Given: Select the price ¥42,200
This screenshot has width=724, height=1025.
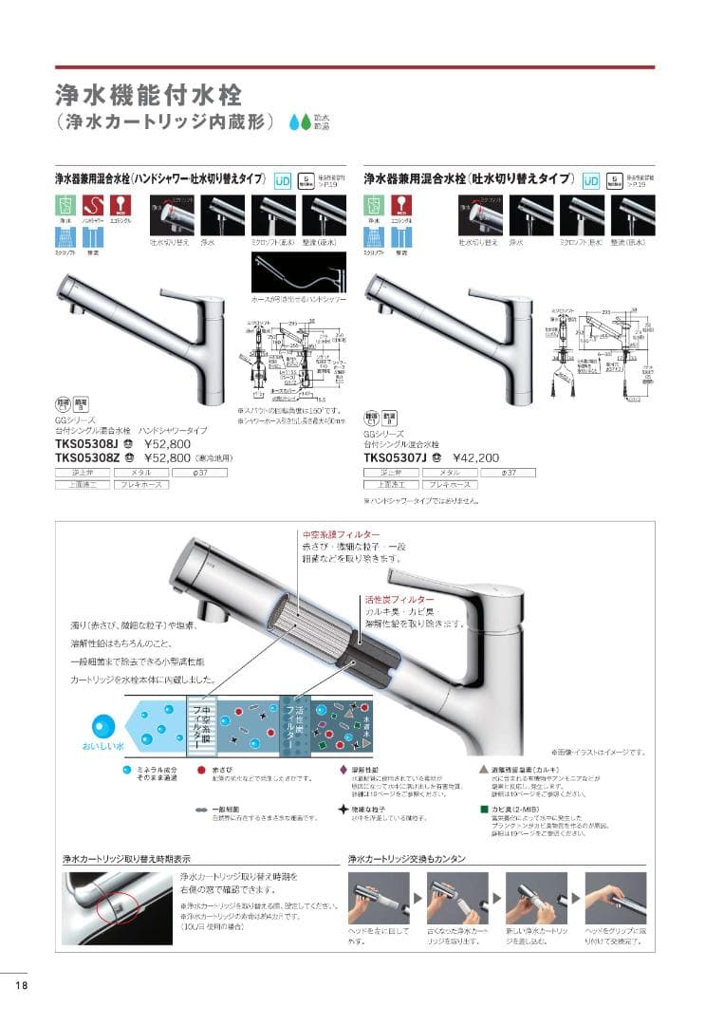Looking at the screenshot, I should click(451, 457).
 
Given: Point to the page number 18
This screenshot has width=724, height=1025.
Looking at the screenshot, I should click(21, 984).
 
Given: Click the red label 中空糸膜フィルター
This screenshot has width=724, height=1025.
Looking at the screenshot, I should click(340, 535).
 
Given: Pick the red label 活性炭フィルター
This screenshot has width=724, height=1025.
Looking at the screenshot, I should click(399, 600).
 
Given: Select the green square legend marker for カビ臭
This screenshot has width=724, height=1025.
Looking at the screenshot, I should click(483, 809).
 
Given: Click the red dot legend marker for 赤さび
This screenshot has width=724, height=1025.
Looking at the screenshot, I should click(201, 771).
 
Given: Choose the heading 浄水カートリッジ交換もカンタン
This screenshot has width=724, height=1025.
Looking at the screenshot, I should click(406, 858).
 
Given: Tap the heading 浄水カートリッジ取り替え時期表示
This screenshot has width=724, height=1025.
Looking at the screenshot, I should click(125, 858).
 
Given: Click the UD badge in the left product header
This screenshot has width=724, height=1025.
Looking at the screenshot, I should click(283, 180).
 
